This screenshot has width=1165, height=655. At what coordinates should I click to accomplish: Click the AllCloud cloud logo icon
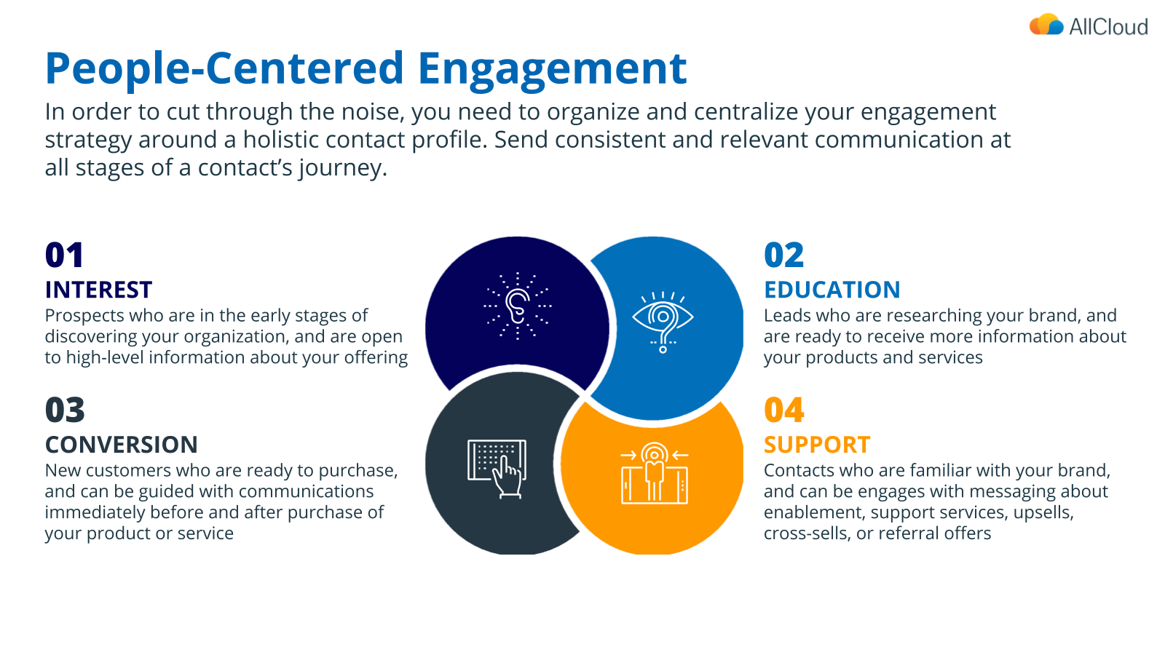(x=1046, y=25)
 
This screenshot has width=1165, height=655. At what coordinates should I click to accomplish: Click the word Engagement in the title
(x=552, y=68)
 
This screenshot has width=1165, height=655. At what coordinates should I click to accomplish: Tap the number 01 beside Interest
(x=64, y=255)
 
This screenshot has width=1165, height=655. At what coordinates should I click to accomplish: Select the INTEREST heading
(x=98, y=290)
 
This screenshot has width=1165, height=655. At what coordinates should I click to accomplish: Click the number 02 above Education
(x=783, y=255)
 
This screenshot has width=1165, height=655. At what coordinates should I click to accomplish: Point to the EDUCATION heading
(x=832, y=290)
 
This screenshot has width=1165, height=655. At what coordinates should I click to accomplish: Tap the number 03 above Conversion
(x=65, y=410)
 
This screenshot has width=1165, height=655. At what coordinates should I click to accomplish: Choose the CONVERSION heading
(x=121, y=445)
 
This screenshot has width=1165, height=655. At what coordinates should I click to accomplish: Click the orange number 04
(x=783, y=410)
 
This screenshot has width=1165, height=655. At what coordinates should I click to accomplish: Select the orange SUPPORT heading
(x=817, y=445)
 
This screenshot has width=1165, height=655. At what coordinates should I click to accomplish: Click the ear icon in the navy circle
(x=518, y=306)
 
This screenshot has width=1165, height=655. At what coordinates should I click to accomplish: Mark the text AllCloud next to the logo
(x=1108, y=27)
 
